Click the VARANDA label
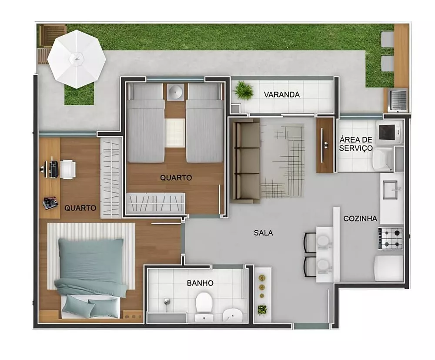coord(281,94)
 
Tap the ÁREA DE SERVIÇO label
coord(356,144)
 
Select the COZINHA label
coord(360,219)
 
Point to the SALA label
coord(264,233)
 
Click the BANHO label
coord(200,283)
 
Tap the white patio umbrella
coord(76,58)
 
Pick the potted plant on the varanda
coord(244,91)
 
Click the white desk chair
coord(68,169)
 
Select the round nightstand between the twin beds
coord(176,92)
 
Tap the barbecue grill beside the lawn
coord(398,100)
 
